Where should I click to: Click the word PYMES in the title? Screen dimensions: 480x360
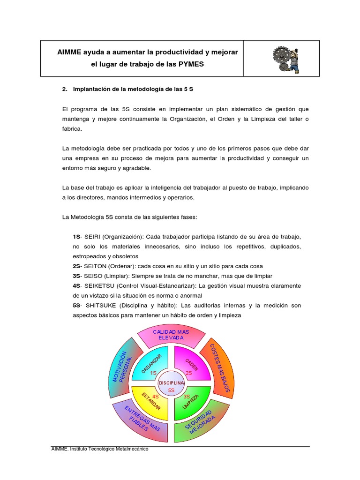pyautogui.click(x=191, y=64)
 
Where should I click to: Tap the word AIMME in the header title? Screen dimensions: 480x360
pyautogui.click(x=69, y=51)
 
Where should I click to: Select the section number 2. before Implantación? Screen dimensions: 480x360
pyautogui.click(x=65, y=89)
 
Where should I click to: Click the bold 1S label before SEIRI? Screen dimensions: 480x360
pyautogui.click(x=76, y=236)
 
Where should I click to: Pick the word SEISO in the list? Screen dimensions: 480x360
pyautogui.click(x=93, y=276)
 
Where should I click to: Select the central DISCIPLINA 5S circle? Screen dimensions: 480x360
pyautogui.click(x=171, y=385)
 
